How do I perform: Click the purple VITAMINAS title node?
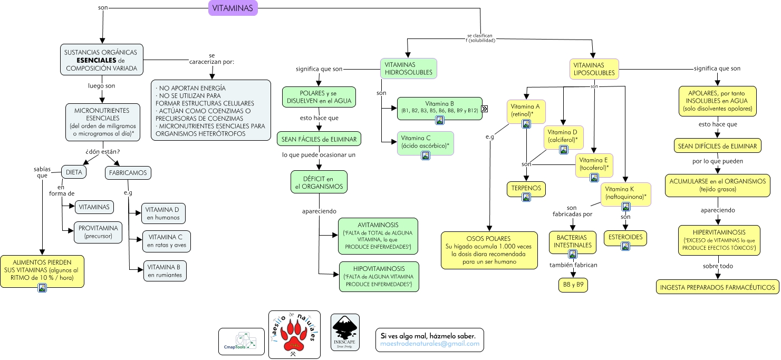[233, 8]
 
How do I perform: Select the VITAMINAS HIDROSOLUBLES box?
[408, 69]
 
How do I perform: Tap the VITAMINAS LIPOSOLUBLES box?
[594, 69]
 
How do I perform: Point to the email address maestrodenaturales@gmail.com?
[430, 344]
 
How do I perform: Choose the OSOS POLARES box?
[488, 250]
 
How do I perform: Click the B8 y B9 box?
[573, 285]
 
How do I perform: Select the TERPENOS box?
[526, 188]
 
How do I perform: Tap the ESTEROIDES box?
[625, 237]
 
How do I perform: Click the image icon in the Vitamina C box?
[425, 155]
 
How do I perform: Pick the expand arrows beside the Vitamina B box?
[484, 109]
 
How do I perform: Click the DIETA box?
[74, 172]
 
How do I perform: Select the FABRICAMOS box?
[128, 172]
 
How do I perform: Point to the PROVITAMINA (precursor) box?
[99, 232]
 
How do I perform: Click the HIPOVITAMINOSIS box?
[379, 276]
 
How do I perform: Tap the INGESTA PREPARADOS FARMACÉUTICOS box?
[718, 287]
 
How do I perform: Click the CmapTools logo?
[241, 341]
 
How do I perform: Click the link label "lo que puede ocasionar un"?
[319, 155]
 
